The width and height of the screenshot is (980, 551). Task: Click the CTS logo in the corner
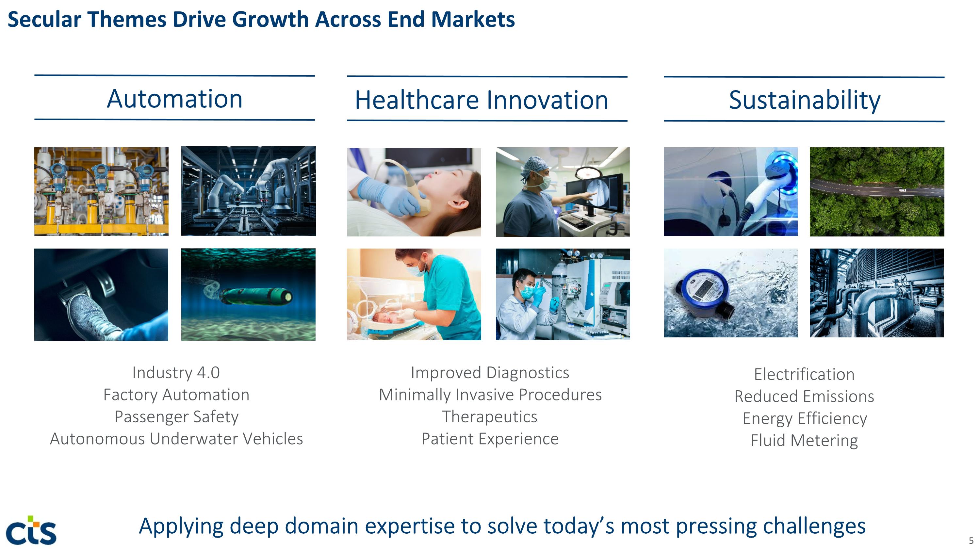pyautogui.click(x=31, y=530)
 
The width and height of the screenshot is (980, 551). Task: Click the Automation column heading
pyautogui.click(x=175, y=99)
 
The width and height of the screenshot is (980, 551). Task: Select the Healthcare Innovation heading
pyautogui.click(x=482, y=100)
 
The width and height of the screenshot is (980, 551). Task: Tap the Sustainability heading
pyautogui.click(x=805, y=100)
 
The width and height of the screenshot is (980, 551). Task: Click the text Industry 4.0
pyautogui.click(x=176, y=373)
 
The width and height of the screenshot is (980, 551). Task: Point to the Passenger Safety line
pyautogui.click(x=176, y=417)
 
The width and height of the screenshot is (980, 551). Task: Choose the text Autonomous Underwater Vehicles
pyautogui.click(x=176, y=439)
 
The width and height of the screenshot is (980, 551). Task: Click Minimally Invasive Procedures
pyautogui.click(x=490, y=395)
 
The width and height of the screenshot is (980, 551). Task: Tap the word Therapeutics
pyautogui.click(x=490, y=417)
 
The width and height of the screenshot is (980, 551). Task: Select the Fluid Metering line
pyautogui.click(x=804, y=441)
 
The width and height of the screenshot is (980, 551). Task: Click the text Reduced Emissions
pyautogui.click(x=804, y=396)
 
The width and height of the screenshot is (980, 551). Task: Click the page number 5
pyautogui.click(x=971, y=540)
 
